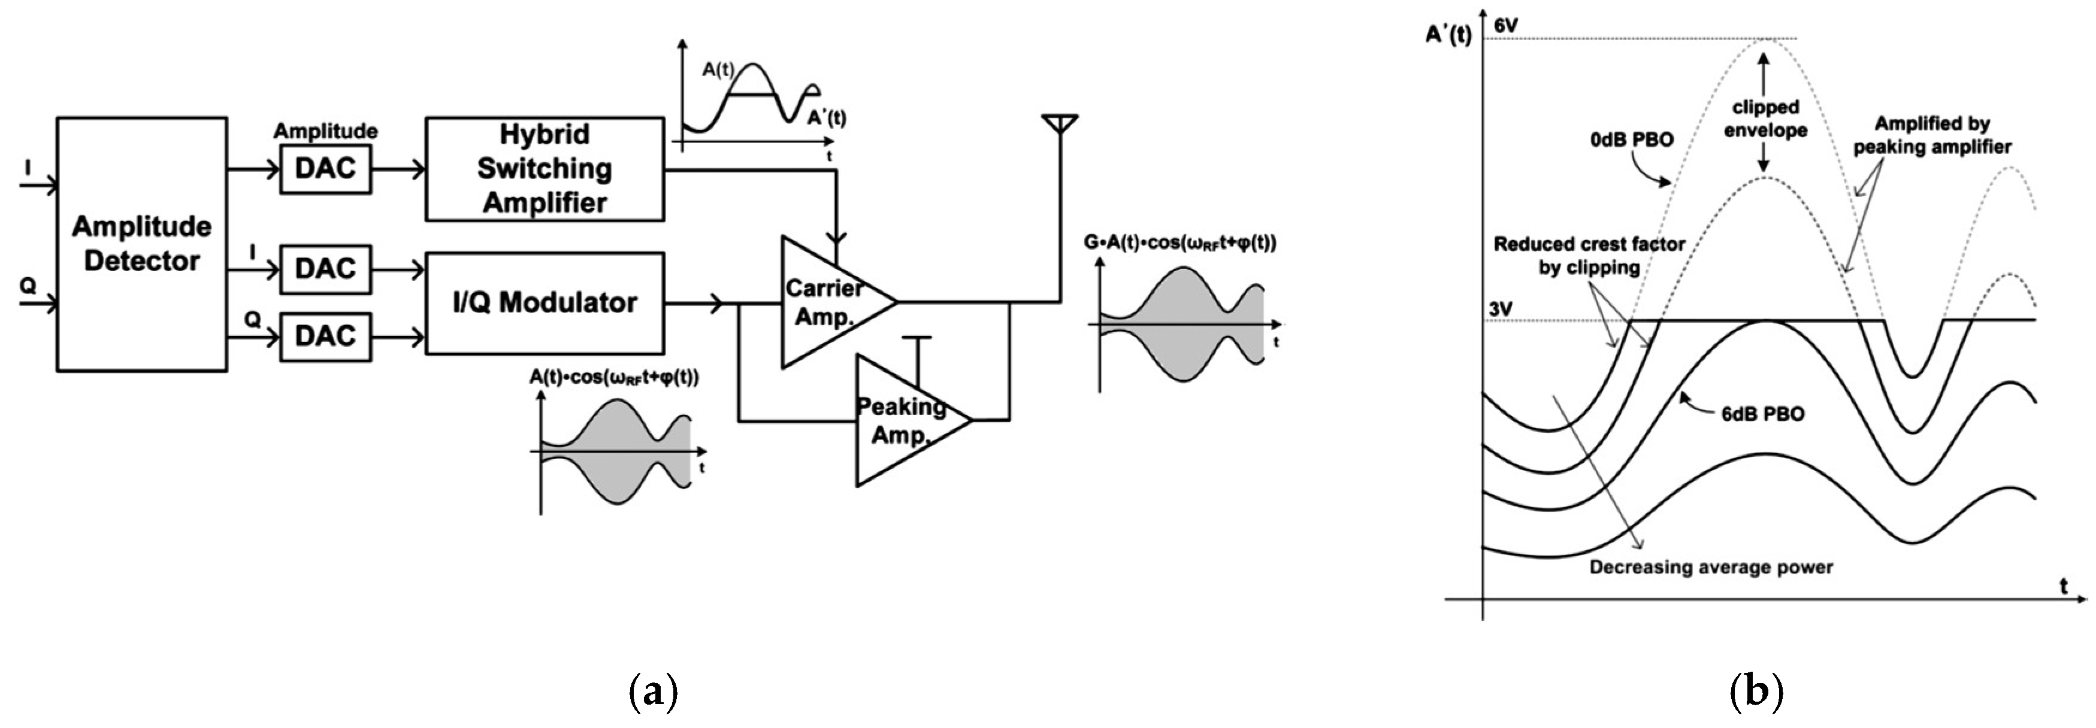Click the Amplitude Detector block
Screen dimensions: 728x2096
click(x=141, y=244)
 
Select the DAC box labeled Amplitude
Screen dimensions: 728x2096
click(x=325, y=168)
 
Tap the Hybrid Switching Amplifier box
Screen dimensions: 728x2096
click(x=545, y=168)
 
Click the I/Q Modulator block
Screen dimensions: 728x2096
click(x=545, y=302)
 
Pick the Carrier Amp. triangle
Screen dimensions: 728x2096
click(x=826, y=302)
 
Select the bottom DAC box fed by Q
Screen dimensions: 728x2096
click(x=325, y=336)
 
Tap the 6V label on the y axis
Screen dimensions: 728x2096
click(x=1505, y=25)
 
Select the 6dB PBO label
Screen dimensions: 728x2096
click(x=1762, y=414)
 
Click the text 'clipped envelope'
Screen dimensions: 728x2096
click(x=1765, y=119)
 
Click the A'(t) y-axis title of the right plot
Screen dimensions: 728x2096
click(x=1448, y=35)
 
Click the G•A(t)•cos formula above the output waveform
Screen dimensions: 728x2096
click(x=1180, y=242)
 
